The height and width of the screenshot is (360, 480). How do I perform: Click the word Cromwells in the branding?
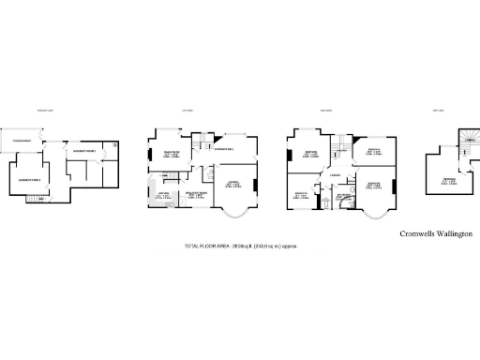click(417, 232)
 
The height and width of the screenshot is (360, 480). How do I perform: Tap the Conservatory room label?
click(21, 142)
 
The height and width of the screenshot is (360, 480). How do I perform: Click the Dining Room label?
click(172, 154)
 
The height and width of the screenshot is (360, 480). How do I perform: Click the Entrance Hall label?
click(223, 149)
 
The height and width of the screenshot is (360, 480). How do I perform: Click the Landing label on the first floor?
click(334, 173)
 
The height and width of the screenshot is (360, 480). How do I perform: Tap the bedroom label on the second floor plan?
click(451, 180)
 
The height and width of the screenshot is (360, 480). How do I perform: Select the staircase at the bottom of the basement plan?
click(38, 199)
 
